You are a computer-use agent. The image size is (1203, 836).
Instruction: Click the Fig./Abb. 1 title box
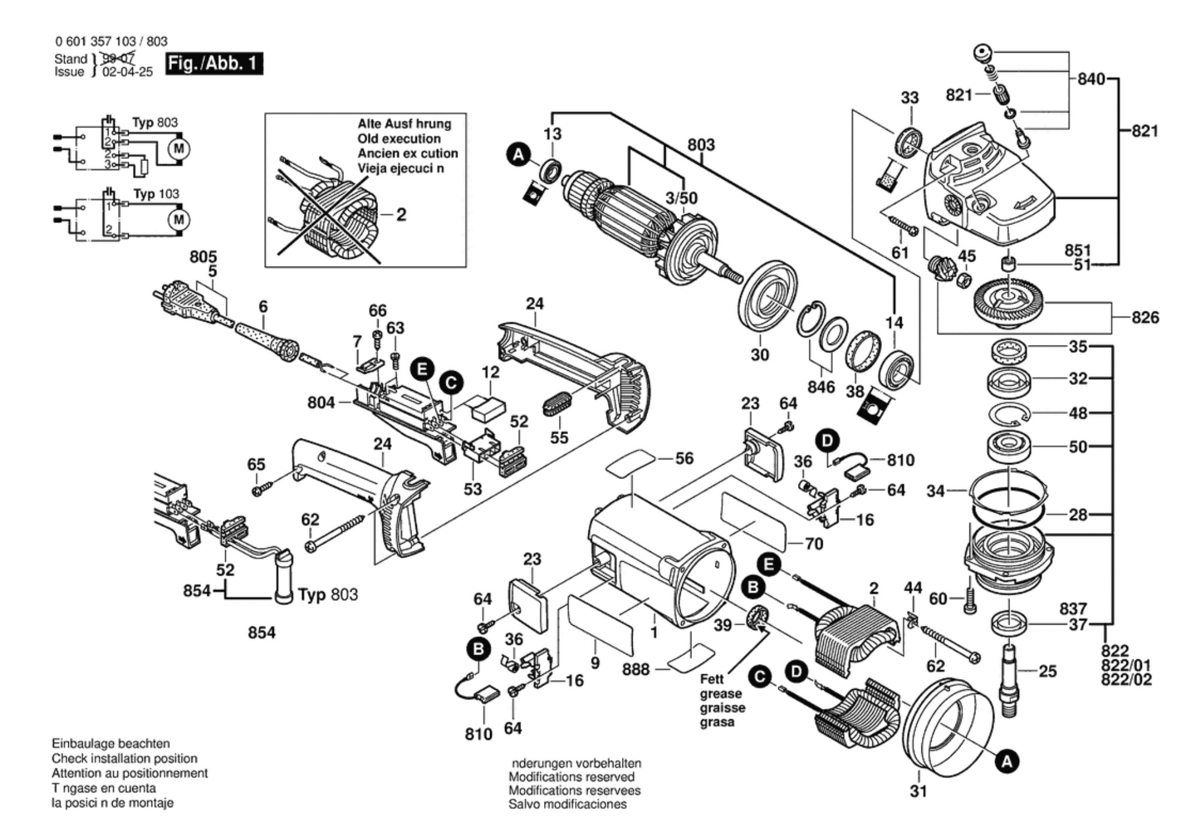tap(214, 63)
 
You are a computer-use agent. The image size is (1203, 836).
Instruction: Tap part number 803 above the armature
tap(701, 145)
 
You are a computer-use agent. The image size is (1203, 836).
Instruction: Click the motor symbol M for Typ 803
tap(179, 148)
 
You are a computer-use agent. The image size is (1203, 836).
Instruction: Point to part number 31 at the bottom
tap(918, 791)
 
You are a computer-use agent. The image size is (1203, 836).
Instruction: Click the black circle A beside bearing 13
tap(519, 155)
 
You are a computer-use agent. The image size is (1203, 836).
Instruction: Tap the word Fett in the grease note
tap(712, 680)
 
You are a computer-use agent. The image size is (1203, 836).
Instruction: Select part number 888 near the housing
tap(636, 669)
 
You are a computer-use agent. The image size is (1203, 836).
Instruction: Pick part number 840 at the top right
tap(1091, 79)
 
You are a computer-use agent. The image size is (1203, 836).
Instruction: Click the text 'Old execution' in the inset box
tap(399, 139)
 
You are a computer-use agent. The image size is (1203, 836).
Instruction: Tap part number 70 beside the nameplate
tap(814, 544)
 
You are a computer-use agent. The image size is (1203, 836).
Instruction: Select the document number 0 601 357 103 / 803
tap(111, 41)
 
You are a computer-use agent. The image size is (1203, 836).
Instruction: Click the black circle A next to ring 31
tap(1006, 762)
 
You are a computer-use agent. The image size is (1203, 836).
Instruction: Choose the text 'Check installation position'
tap(124, 758)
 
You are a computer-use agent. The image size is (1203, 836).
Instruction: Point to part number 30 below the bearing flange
tap(760, 355)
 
